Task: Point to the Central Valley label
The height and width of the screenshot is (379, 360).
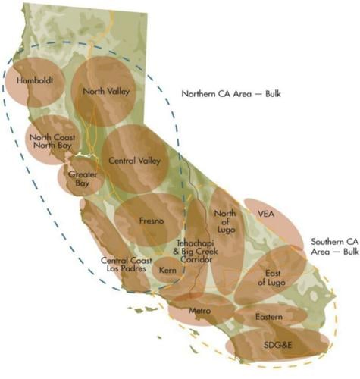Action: (134, 161)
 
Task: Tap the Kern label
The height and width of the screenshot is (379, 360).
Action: (168, 269)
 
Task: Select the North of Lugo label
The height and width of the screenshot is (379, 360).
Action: (225, 224)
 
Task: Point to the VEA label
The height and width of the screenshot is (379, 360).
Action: (266, 214)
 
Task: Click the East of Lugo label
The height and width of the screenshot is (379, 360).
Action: (270, 277)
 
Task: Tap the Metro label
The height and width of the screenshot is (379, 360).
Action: (199, 311)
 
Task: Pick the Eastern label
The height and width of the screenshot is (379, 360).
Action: (269, 316)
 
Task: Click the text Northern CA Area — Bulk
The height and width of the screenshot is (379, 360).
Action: (232, 94)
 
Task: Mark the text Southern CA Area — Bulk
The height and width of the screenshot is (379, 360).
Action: (334, 246)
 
